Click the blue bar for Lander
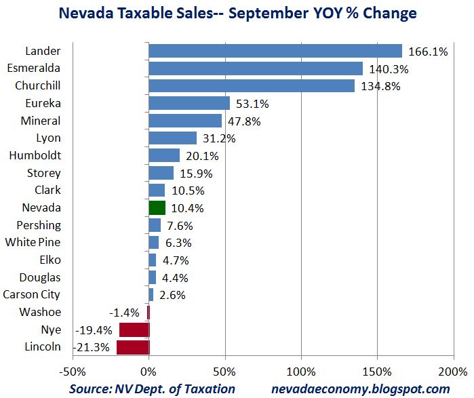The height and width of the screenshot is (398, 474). pyautogui.click(x=275, y=51)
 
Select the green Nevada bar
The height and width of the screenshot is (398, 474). pyautogui.click(x=157, y=207)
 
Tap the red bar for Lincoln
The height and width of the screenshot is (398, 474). pyautogui.click(x=132, y=347)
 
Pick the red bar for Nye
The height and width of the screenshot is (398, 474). pyautogui.click(x=134, y=330)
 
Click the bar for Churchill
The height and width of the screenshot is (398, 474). pyautogui.click(x=251, y=85)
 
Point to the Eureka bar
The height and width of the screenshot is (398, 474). pyautogui.click(x=189, y=103)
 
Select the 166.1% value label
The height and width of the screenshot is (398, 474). pyautogui.click(x=427, y=52)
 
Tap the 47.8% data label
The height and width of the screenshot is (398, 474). pyautogui.click(x=243, y=121)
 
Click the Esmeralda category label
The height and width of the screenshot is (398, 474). pyautogui.click(x=33, y=68)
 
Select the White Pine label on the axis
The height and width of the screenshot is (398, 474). pyautogui.click(x=33, y=242)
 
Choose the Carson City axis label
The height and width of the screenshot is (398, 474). pyautogui.click(x=32, y=294)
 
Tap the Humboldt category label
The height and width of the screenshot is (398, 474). pyautogui.click(x=35, y=155)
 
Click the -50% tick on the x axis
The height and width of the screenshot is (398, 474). pyautogui.click(x=72, y=372)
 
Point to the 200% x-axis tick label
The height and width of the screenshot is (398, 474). pyautogui.click(x=453, y=372)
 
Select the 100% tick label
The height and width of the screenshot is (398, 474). pyautogui.click(x=300, y=372)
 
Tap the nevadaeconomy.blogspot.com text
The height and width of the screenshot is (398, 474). pyautogui.click(x=361, y=389)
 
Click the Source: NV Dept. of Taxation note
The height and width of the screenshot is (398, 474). pyautogui.click(x=152, y=389)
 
